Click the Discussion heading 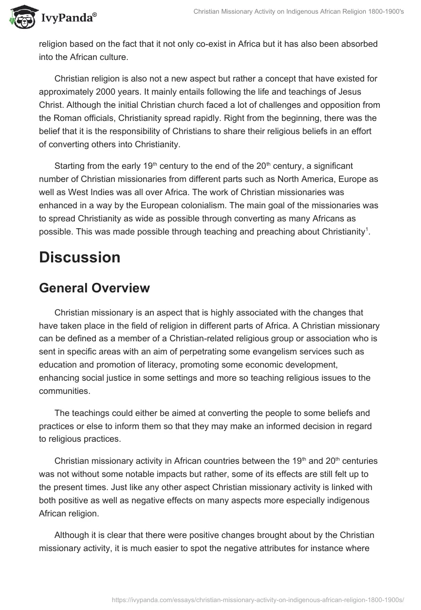79,257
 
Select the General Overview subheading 94,288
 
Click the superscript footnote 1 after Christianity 367,229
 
